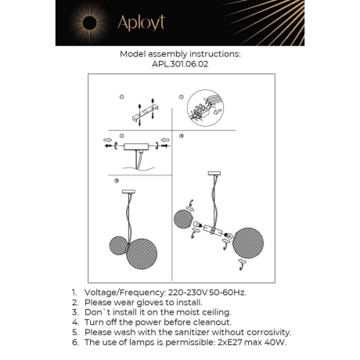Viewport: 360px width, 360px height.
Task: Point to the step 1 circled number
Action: click(x=122, y=96)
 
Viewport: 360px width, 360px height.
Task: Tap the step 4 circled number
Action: click(x=181, y=136)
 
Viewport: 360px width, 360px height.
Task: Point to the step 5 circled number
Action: click(x=117, y=180)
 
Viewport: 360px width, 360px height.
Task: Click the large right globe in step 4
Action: click(x=250, y=239)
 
